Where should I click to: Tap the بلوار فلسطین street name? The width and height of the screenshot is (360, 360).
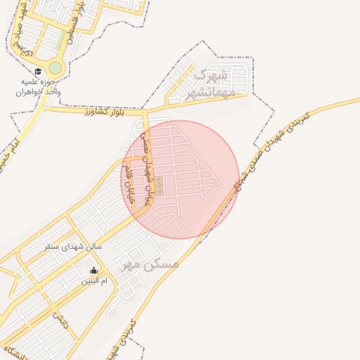(75, 25)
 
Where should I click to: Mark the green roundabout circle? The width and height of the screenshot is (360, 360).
(55, 68)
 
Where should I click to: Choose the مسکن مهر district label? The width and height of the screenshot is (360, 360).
(150, 264)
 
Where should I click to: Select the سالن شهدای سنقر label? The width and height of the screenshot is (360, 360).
(73, 247)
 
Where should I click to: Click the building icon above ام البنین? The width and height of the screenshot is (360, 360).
(94, 271)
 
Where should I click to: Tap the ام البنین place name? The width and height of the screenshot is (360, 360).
(94, 281)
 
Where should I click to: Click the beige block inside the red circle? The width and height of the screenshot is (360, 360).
(160, 186)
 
